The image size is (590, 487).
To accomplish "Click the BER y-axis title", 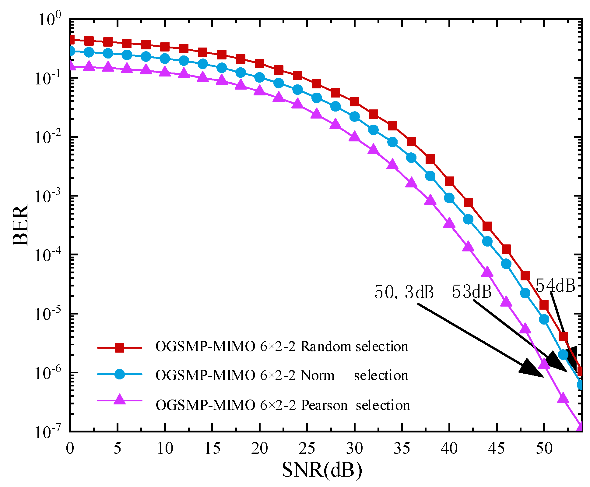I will click(21, 226).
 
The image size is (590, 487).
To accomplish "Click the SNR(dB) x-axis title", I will click(322, 470).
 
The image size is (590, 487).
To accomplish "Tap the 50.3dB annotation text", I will click(404, 292).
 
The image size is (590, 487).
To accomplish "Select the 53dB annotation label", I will click(472, 291).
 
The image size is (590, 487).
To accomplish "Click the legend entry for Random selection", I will click(282, 347).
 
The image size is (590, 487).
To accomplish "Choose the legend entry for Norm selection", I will click(282, 375).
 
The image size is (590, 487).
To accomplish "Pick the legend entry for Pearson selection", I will click(283, 405).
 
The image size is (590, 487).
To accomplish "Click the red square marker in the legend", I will click(120, 347).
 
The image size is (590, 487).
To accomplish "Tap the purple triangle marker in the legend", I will click(120, 400).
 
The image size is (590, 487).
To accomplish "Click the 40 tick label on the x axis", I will click(449, 448).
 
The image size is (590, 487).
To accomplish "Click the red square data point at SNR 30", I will click(354, 101).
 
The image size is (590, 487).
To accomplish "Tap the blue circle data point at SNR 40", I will click(449, 198).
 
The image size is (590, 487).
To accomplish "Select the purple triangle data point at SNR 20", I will click(259, 91).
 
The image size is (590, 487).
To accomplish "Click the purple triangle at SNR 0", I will click(71, 65).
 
